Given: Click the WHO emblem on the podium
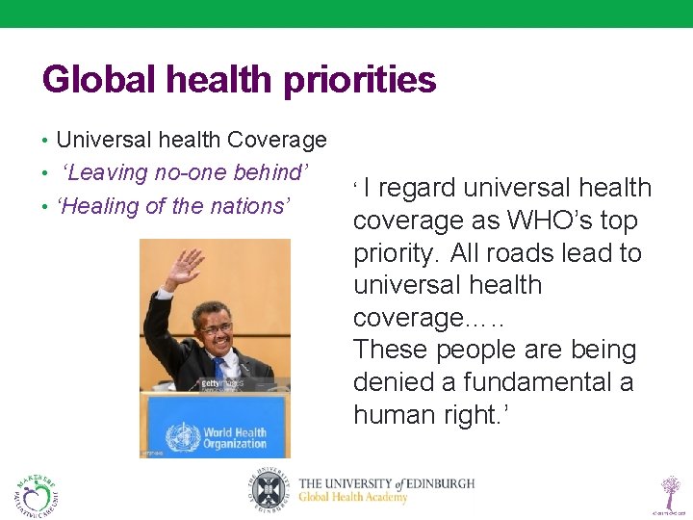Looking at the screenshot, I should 181,437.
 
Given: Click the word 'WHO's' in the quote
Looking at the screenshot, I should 549,221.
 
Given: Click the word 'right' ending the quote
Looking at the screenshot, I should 475,415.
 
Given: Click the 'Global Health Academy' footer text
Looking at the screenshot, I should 352,498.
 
